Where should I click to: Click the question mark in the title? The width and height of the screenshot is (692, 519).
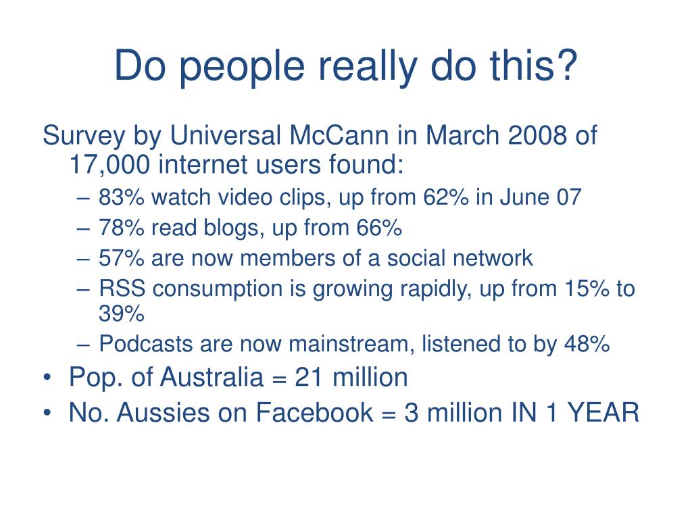(x=566, y=66)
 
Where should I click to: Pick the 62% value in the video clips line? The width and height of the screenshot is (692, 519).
(x=445, y=198)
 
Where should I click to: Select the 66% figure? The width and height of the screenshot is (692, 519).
(x=378, y=228)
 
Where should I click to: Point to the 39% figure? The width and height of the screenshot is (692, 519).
(x=122, y=314)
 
